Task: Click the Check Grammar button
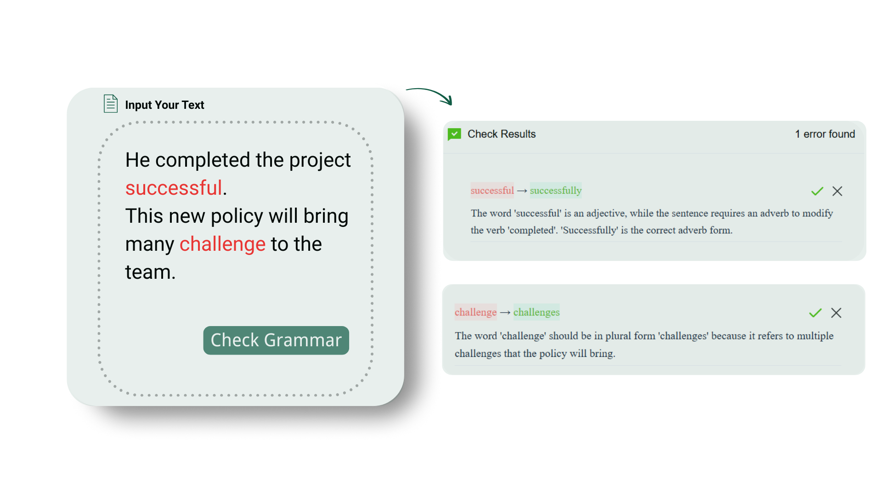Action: click(x=276, y=340)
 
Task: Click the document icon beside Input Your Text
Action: click(x=110, y=104)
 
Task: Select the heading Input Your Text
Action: click(x=164, y=105)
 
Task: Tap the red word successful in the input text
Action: click(x=174, y=188)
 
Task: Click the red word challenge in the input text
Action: click(x=222, y=244)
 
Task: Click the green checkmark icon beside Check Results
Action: click(x=454, y=134)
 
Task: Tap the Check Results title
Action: click(x=502, y=134)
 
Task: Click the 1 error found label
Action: click(x=825, y=134)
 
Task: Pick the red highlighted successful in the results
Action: click(x=492, y=191)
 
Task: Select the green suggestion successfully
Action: click(x=556, y=191)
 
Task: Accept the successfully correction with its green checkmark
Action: click(x=817, y=191)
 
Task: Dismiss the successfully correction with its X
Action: click(x=837, y=191)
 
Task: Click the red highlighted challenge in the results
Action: click(x=475, y=312)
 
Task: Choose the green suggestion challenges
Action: click(x=537, y=312)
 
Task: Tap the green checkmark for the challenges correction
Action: click(x=815, y=313)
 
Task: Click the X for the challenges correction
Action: click(x=836, y=313)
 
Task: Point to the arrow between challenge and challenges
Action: click(x=505, y=313)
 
